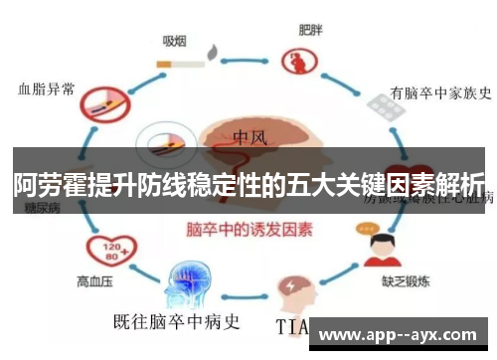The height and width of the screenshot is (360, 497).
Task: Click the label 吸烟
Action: [x=176, y=41]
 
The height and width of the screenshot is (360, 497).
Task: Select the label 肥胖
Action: [x=310, y=30]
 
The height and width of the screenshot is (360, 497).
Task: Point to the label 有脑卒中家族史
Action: [x=439, y=93]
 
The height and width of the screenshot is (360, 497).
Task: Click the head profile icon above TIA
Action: [x=295, y=287]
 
